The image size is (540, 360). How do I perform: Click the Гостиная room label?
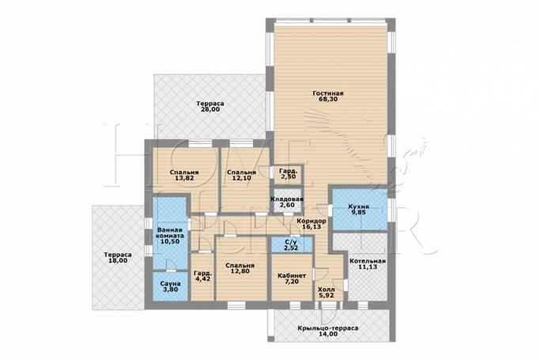328,93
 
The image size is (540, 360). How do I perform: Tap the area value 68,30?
328,99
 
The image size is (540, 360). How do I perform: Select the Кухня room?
360,210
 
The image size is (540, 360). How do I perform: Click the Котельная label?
368,261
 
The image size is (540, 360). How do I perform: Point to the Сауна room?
171,286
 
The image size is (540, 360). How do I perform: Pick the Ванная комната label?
170,233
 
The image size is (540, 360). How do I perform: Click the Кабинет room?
292,278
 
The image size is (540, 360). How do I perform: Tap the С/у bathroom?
292,244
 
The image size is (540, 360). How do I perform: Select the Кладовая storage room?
287,201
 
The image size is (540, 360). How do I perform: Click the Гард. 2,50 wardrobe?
288,174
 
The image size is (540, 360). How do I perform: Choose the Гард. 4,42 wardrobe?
202,277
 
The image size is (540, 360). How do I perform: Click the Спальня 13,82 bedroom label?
184,176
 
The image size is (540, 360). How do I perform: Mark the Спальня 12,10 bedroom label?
241,176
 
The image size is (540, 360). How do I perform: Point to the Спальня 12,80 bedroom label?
240,268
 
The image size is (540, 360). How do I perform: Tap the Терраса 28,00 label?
210,107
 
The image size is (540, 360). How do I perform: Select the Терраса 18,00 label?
118,258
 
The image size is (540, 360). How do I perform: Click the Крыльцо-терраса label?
328,328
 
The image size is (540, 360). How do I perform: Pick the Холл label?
327,290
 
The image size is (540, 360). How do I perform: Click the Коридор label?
312,222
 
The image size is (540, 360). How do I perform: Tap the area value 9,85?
358,213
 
